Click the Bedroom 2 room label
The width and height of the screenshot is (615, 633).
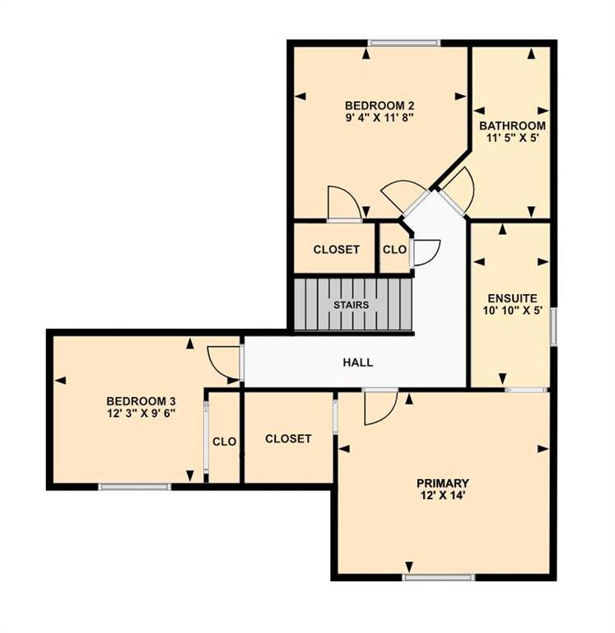[380, 105]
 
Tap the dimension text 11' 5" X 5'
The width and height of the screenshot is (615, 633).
[512, 138]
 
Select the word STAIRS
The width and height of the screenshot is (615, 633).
[352, 305]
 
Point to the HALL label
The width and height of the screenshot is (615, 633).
[357, 363]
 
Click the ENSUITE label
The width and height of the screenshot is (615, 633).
[512, 298]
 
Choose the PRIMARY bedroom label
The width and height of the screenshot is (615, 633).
[443, 483]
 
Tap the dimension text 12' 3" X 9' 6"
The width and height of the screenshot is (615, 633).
[142, 414]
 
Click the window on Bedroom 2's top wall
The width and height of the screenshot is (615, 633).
[404, 43]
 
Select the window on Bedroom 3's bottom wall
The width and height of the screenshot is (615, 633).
[135, 487]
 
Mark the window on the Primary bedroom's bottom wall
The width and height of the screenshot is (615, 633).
[439, 577]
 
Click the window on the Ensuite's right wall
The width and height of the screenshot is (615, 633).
[554, 326]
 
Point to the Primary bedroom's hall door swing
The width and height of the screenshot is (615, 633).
[381, 408]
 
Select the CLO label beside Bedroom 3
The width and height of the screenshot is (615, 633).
[224, 442]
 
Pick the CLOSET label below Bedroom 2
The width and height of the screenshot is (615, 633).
[337, 250]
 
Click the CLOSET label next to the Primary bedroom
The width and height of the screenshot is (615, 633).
[288, 438]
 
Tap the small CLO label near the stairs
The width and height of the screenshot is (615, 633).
[394, 250]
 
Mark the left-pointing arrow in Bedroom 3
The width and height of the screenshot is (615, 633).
[60, 380]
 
